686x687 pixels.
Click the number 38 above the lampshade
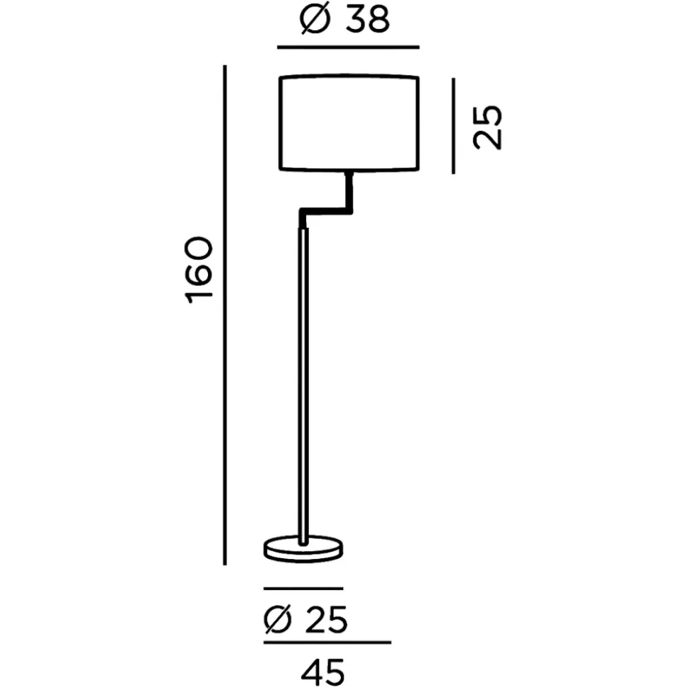click(368, 20)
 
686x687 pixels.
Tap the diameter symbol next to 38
click(315, 20)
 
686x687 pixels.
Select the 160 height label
click(199, 270)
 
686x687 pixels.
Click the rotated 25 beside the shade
click(487, 127)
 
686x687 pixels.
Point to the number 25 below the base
click(326, 620)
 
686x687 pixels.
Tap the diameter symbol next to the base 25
click(278, 620)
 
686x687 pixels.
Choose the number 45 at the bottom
click(323, 671)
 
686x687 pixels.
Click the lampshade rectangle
click(279, 122)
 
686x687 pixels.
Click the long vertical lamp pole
click(303, 386)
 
